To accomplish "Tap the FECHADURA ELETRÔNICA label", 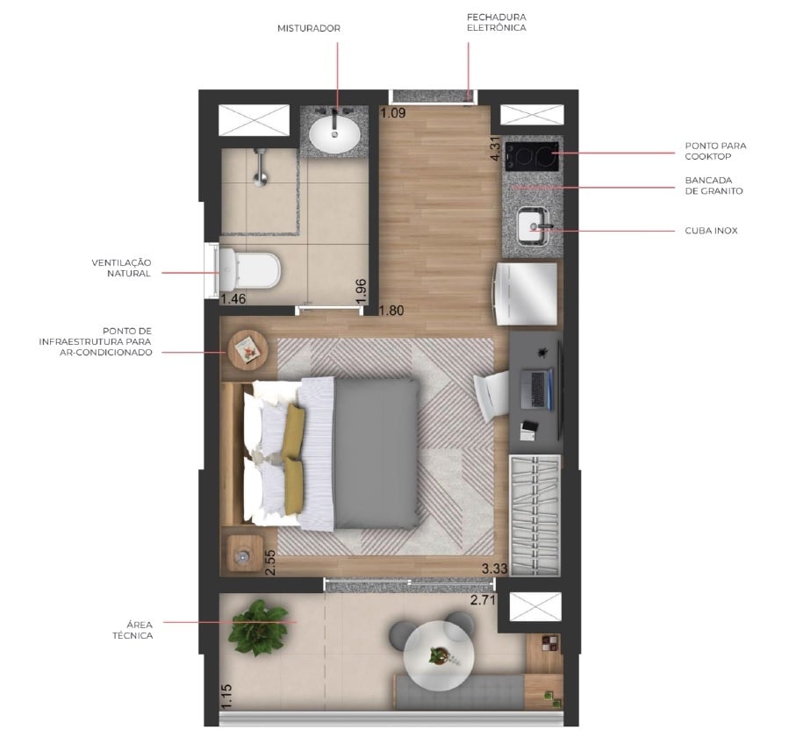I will tap(496, 22).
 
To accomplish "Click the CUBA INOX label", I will tap(712, 231).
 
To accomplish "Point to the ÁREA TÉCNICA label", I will tap(133, 629).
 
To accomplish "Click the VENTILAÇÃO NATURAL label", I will tap(122, 268).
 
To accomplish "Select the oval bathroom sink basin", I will tap(334, 134).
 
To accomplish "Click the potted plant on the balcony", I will tap(258, 626).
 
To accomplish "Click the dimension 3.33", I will tap(496, 569).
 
